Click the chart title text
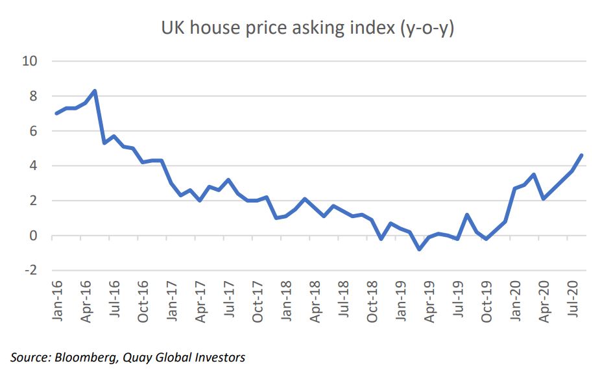pyautogui.click(x=307, y=29)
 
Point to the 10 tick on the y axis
pyautogui.click(x=31, y=61)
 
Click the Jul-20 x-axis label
pyautogui.click(x=573, y=301)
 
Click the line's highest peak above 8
pyautogui.click(x=95, y=91)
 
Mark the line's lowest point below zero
pyautogui.click(x=419, y=249)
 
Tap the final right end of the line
pyautogui.click(x=582, y=155)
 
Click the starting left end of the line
pyautogui.click(x=56, y=114)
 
